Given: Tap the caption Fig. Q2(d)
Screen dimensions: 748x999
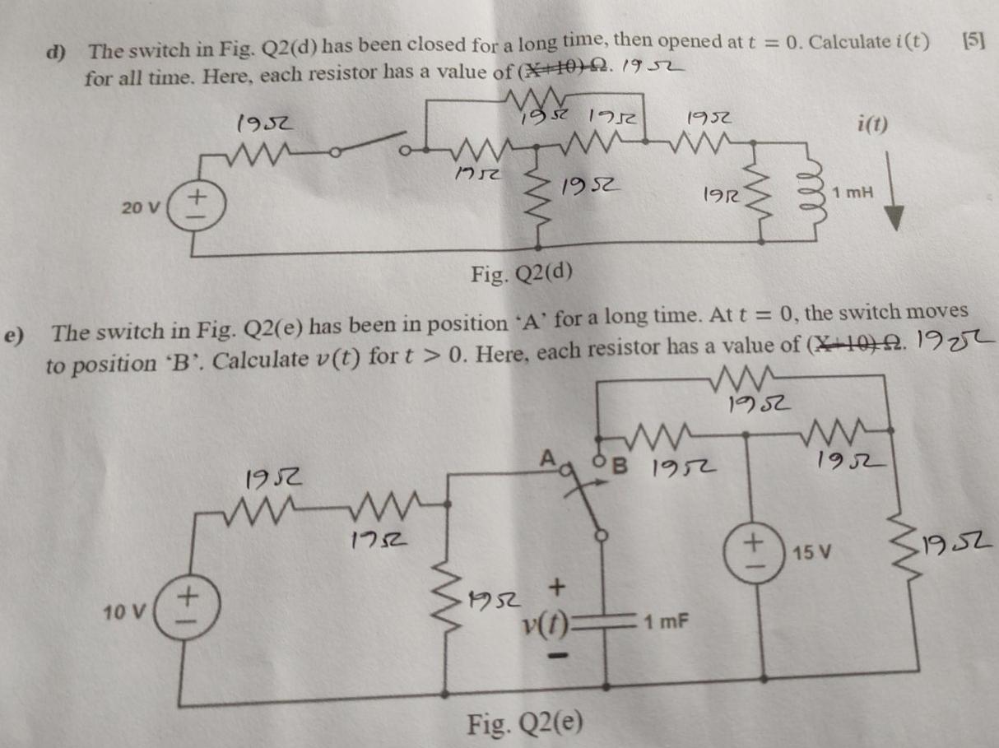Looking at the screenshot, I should pos(522,272).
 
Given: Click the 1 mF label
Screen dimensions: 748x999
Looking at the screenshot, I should pos(667,625).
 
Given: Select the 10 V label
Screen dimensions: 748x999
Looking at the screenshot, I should pos(125,611).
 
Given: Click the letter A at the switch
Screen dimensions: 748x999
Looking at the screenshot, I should pos(546,462).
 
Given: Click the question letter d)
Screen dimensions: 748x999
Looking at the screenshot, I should pos(57,51).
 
